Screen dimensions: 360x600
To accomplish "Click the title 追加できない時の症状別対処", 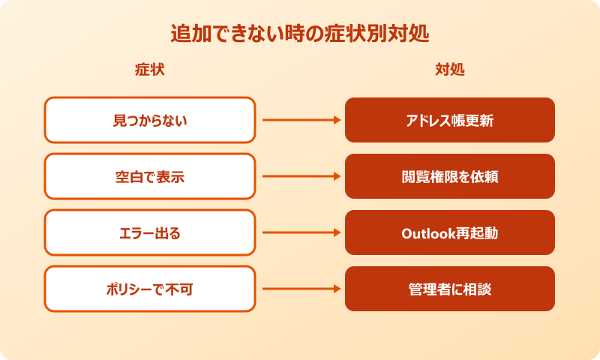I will pos(300,34).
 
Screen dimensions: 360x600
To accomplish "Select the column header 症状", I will pos(149,70).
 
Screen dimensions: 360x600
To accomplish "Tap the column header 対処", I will pos(450,70).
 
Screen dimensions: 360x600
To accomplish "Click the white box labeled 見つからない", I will pos(149,120).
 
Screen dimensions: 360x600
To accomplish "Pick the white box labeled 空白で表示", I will pos(149,176).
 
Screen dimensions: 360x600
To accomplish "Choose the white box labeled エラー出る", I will pos(149,232).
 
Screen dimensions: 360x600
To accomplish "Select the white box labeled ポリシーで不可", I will pos(149,289).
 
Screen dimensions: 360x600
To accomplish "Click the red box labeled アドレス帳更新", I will pos(450,120).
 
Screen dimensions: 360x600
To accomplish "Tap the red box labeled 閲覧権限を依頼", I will pos(450,176).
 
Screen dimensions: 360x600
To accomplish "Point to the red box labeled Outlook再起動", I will pos(450,232).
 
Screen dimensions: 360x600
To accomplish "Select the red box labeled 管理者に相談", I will pos(450,289).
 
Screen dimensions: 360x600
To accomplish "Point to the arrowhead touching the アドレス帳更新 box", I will pos(336,120).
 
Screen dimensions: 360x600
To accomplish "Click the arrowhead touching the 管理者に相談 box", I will pos(336,289).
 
